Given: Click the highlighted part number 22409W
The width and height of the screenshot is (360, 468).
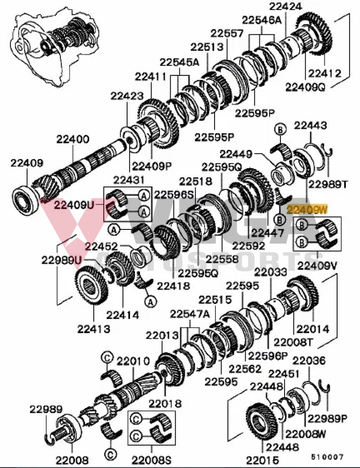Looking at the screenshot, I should tap(308, 210).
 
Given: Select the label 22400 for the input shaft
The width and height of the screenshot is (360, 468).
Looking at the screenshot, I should tap(74, 139).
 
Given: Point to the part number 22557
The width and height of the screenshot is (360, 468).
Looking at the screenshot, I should tap(227, 33).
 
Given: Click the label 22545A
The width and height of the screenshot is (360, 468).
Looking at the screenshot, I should tap(179, 63).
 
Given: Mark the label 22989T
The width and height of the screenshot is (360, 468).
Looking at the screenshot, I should tap(328, 184).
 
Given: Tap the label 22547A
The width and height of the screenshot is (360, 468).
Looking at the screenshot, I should tap(189, 314).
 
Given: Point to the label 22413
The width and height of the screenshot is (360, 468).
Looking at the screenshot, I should tap(94, 329).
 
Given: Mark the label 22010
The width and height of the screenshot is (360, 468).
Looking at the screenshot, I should tap(133, 362).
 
